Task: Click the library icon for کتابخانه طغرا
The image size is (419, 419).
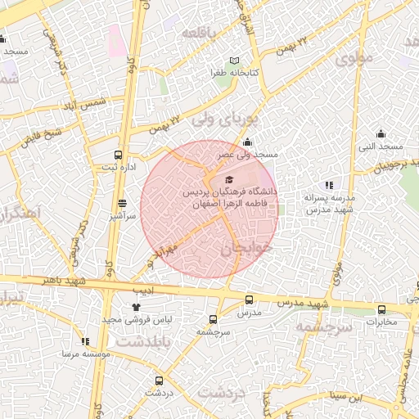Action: [235, 61]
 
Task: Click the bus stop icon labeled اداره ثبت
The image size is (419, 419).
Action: [119, 155]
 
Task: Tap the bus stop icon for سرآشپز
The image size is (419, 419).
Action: [123, 203]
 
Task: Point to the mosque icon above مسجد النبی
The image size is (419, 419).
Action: [381, 133]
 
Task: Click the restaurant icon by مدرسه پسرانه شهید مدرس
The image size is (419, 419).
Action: [329, 185]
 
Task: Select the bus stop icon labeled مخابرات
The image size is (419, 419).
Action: [381, 309]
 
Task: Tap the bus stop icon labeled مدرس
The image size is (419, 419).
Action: [249, 301]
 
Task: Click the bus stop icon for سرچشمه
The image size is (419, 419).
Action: [213, 319]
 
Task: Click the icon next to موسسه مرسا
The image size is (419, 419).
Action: [85, 342]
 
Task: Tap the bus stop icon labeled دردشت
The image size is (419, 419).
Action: [159, 381]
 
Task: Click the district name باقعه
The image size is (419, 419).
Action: [202, 32]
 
